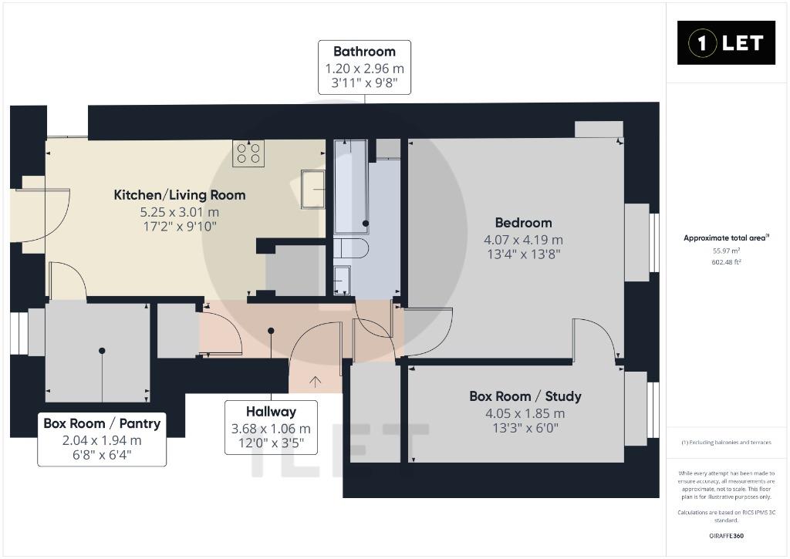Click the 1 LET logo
pos(725,43)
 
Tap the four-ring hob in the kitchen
pos(248,153)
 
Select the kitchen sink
pos(313,189)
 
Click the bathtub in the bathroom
pos(351,187)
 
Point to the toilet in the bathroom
pos(351,249)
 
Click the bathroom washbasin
pos(342,279)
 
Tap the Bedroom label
pos(524,223)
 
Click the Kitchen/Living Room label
pos(180,195)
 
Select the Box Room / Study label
pos(525,396)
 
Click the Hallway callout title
pos(271,412)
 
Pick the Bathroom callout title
pos(364,52)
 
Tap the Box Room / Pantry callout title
pos(102,423)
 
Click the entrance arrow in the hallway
pos(315,382)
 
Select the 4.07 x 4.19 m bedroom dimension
pos(524,240)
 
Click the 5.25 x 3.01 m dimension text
pos(180,212)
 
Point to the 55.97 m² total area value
pos(726,251)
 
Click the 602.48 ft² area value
pos(726,262)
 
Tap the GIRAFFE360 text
pos(726,536)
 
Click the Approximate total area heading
pos(726,237)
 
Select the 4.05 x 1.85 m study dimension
pos(525,413)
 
